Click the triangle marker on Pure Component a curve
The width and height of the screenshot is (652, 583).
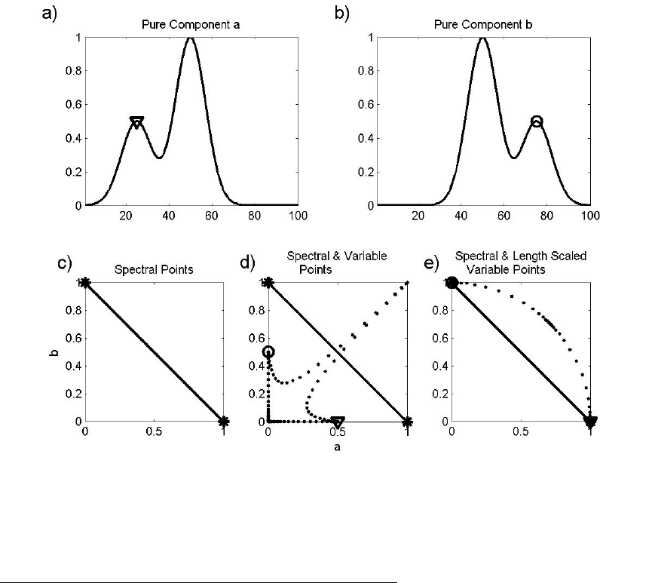136,121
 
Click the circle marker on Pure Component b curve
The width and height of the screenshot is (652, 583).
537,121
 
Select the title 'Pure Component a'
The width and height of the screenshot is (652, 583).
191,24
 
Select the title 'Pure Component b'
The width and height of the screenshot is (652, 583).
483,24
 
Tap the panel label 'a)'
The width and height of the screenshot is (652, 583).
51,16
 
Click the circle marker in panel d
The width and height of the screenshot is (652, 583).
268,351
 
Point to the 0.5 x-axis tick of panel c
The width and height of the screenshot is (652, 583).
154,433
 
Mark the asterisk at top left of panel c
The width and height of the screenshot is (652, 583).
85,282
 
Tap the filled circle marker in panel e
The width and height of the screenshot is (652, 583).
452,282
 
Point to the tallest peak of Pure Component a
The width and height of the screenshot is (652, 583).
191,38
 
